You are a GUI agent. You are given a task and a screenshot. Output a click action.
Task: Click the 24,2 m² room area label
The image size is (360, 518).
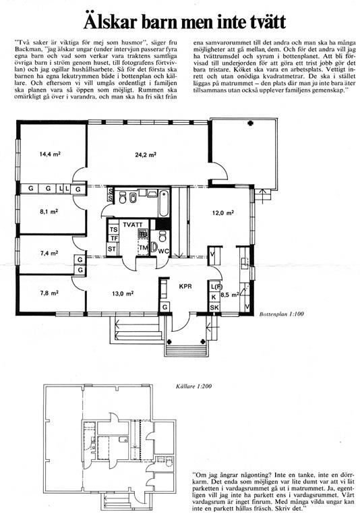point(146,154)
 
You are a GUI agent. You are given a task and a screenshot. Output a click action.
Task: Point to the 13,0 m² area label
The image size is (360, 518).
point(123,293)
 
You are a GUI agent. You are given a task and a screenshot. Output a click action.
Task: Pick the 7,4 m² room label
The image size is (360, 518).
point(49,254)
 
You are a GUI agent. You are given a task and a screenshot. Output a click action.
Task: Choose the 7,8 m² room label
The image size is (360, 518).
point(49,293)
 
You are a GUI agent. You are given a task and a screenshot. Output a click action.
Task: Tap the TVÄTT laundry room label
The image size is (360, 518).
point(133,225)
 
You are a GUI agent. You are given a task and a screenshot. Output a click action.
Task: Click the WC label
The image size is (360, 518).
point(164,251)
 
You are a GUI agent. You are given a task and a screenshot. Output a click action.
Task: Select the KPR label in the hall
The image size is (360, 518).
point(185,287)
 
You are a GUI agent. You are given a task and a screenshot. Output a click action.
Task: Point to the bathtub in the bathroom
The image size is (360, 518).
point(164,202)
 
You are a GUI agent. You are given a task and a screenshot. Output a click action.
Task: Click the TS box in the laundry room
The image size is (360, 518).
point(113,229)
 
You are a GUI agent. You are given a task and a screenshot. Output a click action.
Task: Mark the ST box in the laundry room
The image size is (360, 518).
point(112,249)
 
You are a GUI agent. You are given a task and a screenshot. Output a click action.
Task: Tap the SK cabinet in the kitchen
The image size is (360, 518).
point(214,308)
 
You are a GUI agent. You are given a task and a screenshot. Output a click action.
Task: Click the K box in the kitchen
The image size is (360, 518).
point(214,297)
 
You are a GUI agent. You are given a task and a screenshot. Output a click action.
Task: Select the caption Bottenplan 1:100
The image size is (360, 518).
point(281,314)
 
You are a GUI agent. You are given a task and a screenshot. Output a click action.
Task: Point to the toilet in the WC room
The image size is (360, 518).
point(162,237)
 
